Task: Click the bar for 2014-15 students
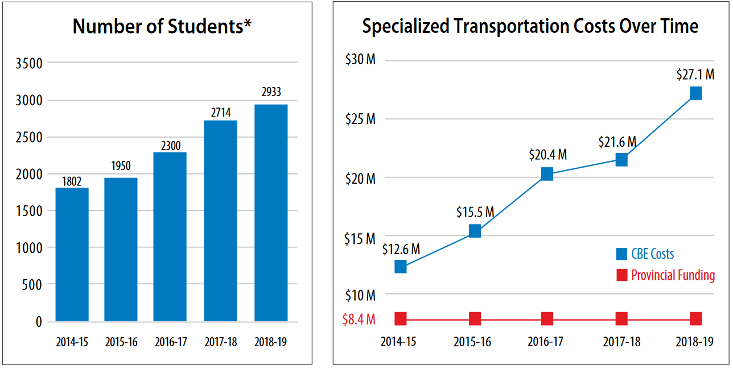72,254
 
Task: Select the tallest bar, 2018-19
271,213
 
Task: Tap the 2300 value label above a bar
171,146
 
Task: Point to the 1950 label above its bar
121,166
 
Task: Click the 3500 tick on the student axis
31,64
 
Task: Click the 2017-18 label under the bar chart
220,343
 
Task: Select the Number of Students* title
162,27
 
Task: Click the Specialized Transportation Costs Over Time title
530,26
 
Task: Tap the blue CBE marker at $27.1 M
695,93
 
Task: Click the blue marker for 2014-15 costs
400,267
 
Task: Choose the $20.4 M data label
547,155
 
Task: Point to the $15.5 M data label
475,212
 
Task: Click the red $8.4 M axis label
359,319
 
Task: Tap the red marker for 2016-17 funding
547,319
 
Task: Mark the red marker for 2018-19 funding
695,319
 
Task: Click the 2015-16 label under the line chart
472,342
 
